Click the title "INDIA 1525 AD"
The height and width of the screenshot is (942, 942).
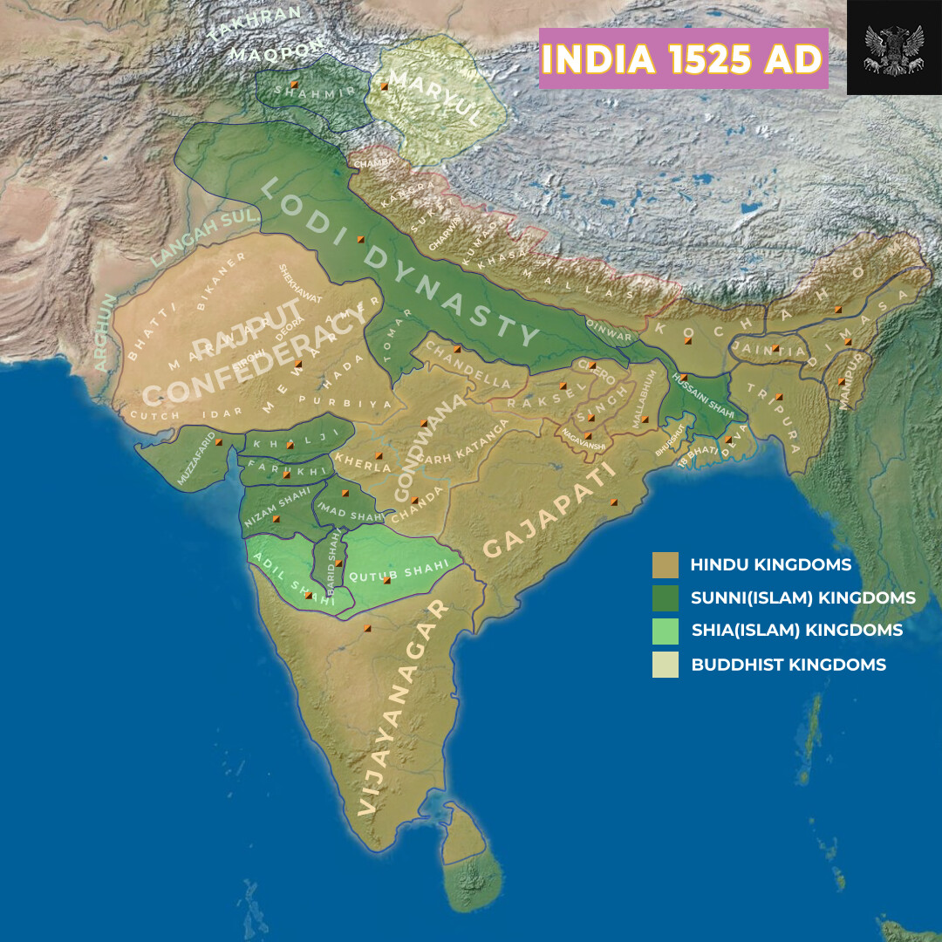point(683,58)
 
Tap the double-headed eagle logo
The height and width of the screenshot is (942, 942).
point(893,48)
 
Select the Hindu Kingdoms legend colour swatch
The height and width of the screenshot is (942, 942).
point(665,565)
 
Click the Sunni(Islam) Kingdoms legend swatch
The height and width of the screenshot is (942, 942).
point(665,598)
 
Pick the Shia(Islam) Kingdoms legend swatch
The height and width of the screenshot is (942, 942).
point(665,631)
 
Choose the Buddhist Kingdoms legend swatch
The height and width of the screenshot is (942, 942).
point(665,665)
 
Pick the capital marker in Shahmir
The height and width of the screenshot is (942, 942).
point(294,84)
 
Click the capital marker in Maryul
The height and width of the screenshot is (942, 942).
point(383,86)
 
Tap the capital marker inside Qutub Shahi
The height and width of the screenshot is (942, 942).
point(386,580)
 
